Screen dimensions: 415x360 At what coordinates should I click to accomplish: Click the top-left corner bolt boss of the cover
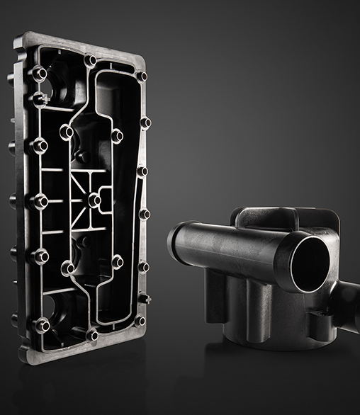pos(39,72)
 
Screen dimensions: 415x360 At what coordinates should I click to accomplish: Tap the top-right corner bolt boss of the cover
pos(142,76)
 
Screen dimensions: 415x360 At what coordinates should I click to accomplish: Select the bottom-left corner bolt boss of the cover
pos(43,324)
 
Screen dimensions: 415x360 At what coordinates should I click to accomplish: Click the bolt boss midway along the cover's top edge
pos(90,60)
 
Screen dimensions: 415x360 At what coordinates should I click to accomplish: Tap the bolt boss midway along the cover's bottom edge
pos(91,334)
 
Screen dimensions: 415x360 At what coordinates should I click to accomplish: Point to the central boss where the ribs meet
pos(94,200)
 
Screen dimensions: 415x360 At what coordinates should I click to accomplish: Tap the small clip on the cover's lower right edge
pos(145,298)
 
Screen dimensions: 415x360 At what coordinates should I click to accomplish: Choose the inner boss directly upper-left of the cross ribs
pos(68,132)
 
